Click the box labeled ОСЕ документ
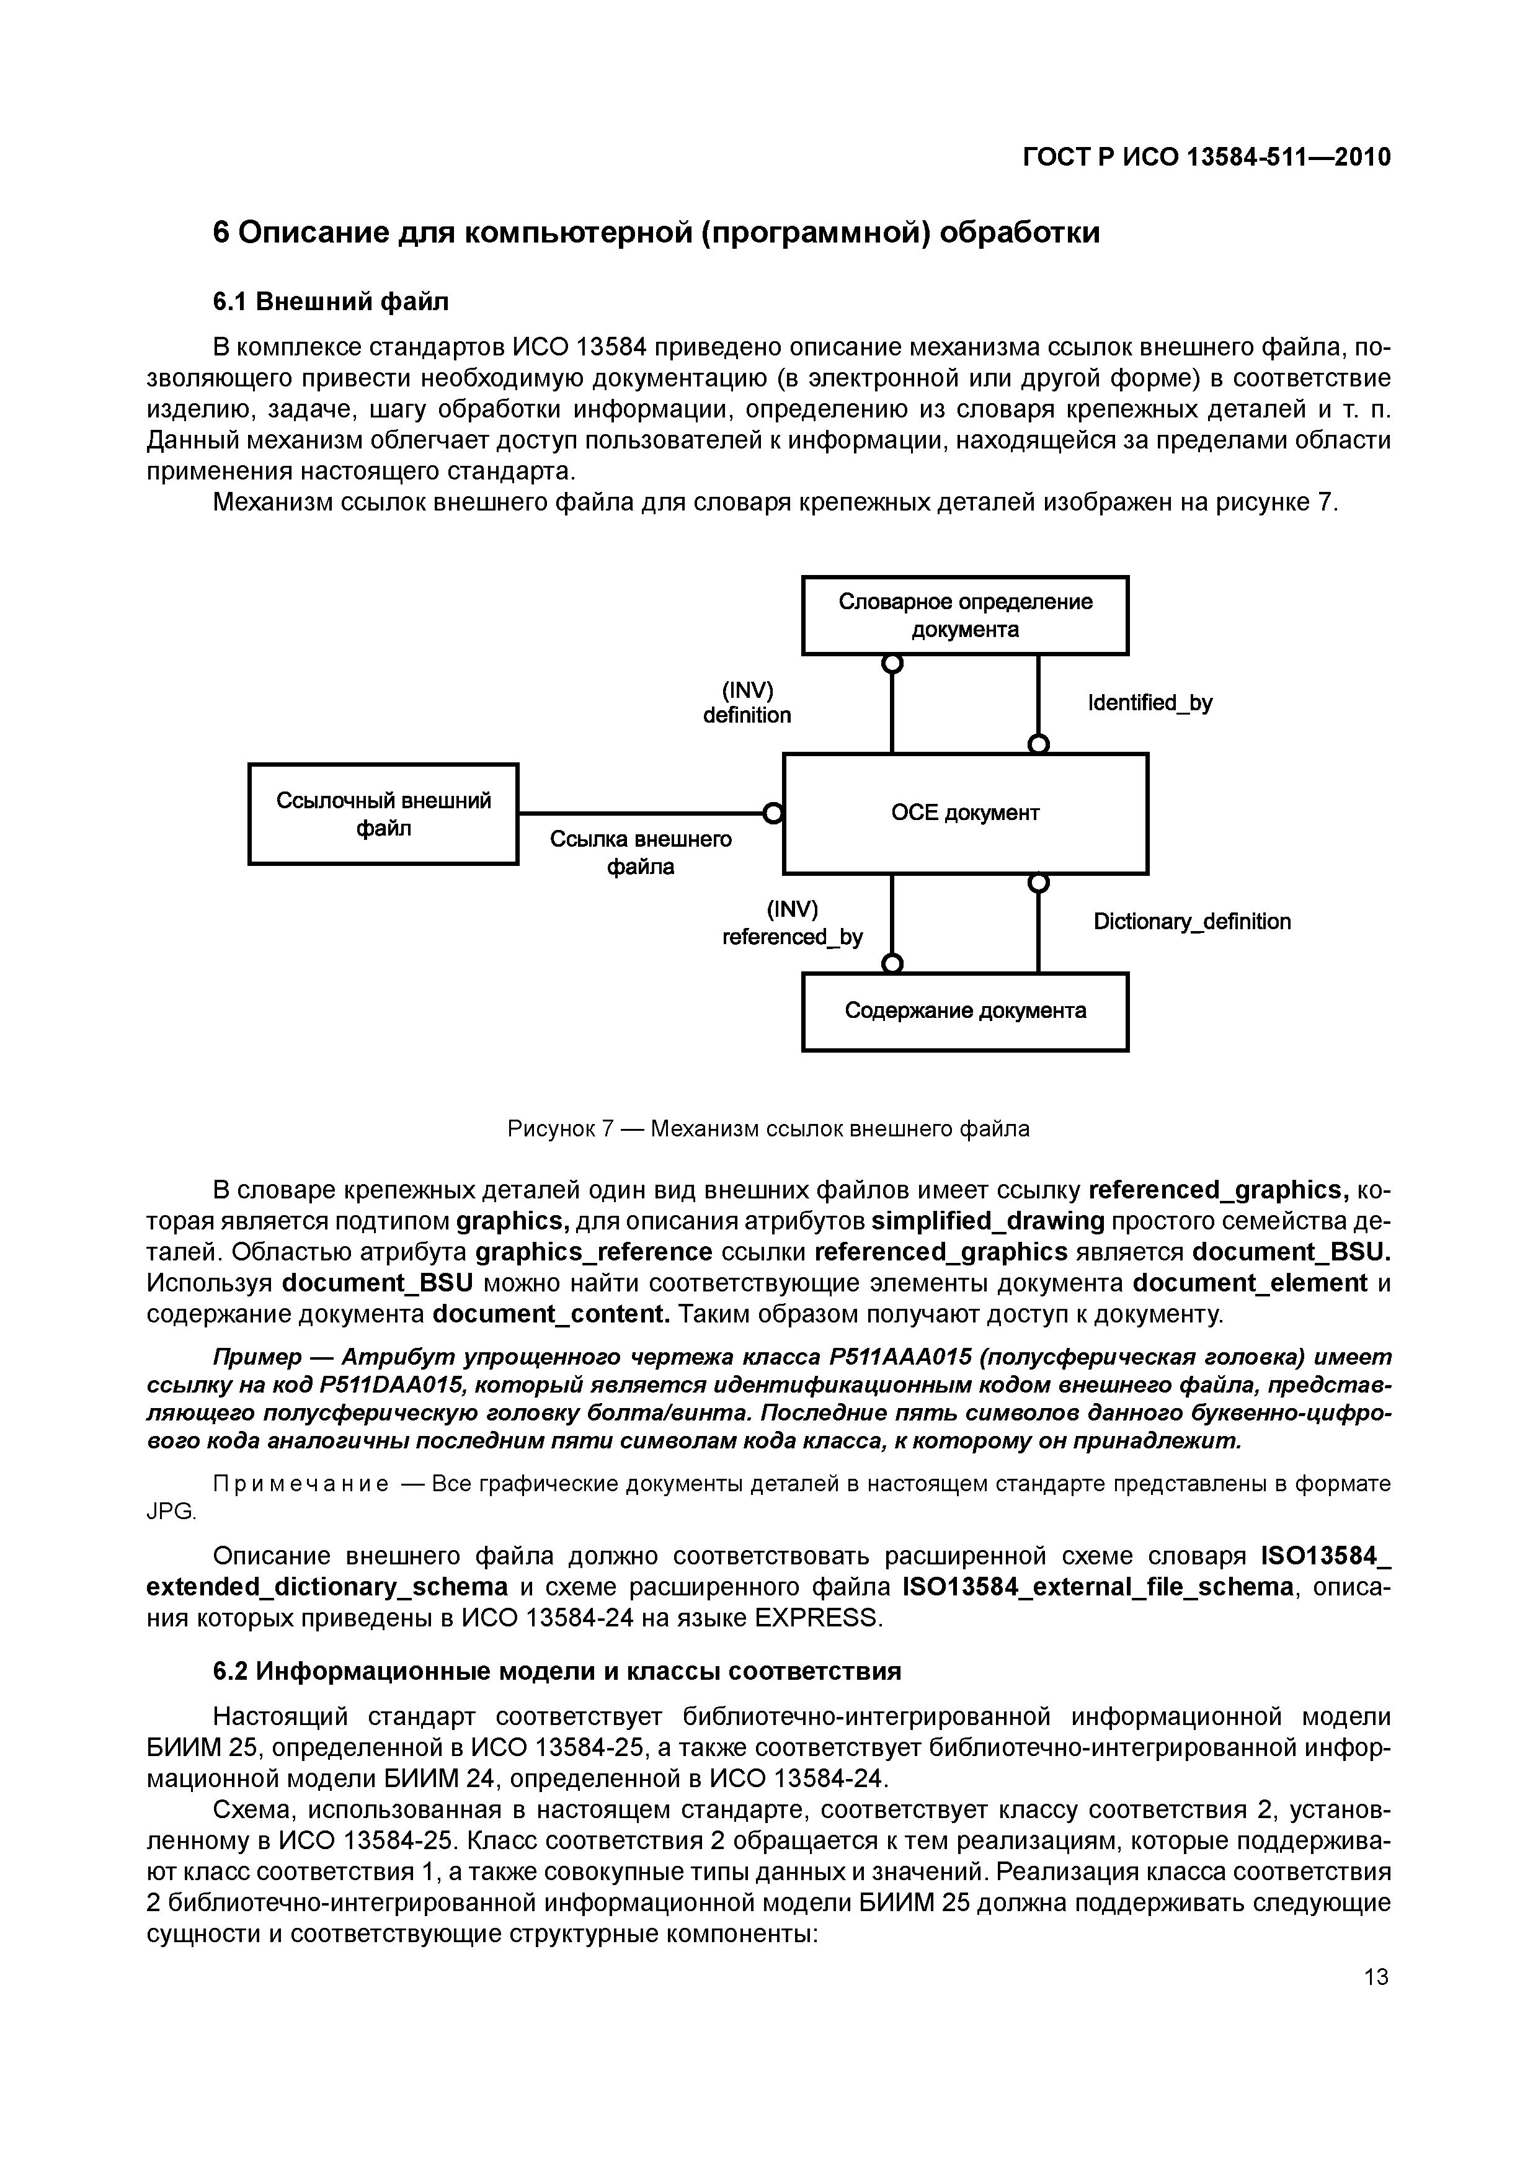[x=965, y=813]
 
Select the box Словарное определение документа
[x=965, y=615]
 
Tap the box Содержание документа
[x=965, y=1011]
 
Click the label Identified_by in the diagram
[x=1150, y=703]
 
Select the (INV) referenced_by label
[x=792, y=923]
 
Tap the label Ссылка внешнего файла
[x=641, y=853]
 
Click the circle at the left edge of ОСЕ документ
[x=773, y=813]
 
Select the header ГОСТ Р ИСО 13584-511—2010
[x=1206, y=158]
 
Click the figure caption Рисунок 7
[x=768, y=1129]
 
